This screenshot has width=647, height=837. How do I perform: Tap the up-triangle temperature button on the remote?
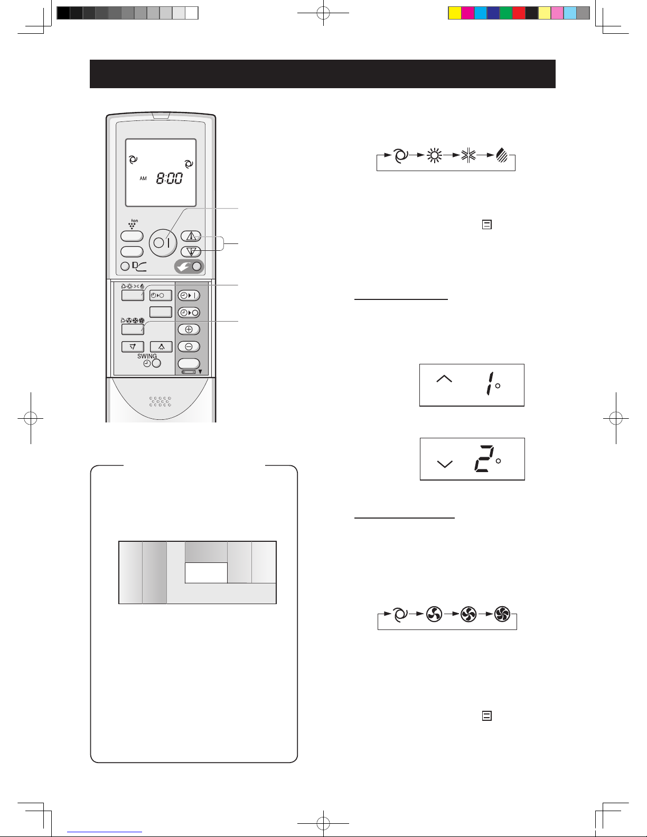pos(191,236)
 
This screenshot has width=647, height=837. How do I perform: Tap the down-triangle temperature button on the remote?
pos(191,252)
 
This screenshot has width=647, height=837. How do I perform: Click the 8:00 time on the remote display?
pos(170,178)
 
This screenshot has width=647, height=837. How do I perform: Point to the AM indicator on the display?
pos(143,178)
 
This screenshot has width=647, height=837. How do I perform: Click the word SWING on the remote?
pos(147,356)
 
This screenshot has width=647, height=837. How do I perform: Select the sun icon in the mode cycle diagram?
pos(434,155)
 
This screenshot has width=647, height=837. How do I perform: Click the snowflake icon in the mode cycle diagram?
pos(468,155)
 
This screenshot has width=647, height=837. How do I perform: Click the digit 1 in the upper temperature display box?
pos(490,383)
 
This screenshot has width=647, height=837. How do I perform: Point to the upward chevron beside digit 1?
pos(444,379)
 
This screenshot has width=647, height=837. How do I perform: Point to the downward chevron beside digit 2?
pos(445,464)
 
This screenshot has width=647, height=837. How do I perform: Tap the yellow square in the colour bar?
pos(455,13)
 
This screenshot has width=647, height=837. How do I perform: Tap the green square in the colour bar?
pos(506,13)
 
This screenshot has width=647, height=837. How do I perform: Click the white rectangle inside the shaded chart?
pos(206,573)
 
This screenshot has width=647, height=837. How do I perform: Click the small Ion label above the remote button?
pos(134,221)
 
